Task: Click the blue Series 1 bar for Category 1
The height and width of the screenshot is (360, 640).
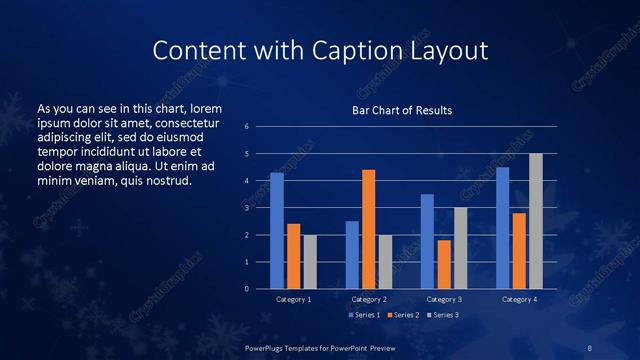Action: (277, 231)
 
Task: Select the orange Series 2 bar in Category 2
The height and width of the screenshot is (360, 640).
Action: (368, 229)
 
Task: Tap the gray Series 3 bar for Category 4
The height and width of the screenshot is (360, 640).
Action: (535, 221)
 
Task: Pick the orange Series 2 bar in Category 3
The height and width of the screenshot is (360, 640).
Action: (444, 264)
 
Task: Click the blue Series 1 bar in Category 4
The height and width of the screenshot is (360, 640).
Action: (503, 228)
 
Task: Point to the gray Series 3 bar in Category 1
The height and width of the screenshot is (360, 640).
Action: (309, 262)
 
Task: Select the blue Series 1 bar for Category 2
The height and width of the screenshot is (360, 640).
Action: (352, 255)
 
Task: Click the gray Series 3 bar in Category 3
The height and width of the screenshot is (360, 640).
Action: (460, 248)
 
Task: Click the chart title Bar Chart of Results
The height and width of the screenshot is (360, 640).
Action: (401, 110)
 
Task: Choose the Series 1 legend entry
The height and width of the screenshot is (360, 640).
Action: (363, 315)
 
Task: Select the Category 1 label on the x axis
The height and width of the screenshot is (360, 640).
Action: (293, 299)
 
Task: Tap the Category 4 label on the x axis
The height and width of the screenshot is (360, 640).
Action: (519, 299)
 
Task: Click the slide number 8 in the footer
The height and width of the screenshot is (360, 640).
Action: (589, 347)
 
